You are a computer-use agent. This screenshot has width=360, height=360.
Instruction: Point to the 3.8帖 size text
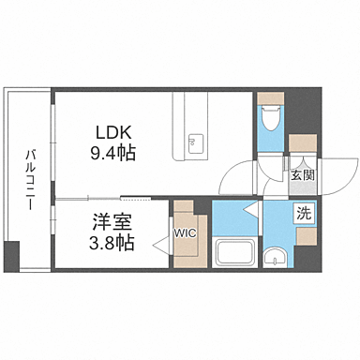(111, 245)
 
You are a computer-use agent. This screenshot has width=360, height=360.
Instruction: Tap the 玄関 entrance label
(302, 175)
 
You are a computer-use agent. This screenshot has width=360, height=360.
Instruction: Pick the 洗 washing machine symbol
(305, 213)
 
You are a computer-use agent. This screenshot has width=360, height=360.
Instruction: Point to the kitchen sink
(196, 143)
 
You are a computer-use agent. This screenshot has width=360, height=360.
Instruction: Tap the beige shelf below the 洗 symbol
(306, 234)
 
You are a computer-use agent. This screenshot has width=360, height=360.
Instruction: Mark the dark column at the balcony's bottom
(11, 254)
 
